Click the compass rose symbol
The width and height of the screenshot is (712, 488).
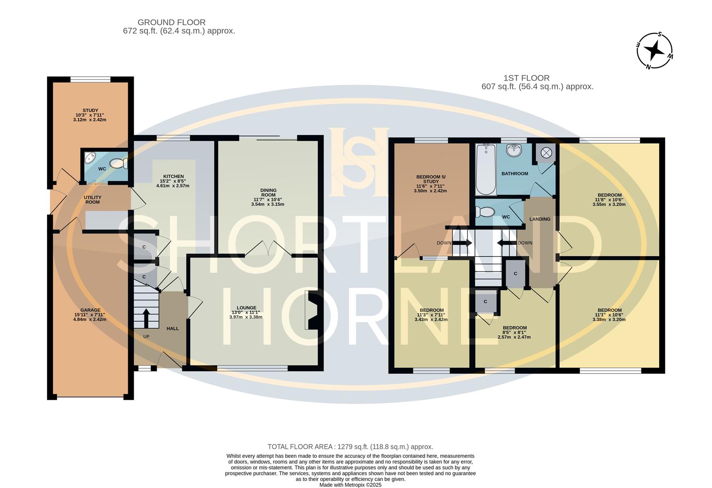tap(655, 51)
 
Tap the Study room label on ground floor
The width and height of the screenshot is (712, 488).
tap(90, 110)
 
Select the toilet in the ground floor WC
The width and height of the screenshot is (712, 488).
tap(118, 163)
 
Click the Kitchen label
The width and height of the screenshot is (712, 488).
tap(173, 176)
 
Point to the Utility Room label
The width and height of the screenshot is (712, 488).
tap(93, 200)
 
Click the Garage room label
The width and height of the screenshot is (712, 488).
tap(90, 310)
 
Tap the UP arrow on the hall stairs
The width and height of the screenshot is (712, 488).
tap(146, 318)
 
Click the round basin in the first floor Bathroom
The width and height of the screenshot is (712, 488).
tap(514, 151)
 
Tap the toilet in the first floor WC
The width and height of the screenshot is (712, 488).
tap(486, 211)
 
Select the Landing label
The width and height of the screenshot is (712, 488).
tap(540, 219)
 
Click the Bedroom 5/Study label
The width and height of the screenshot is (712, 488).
tap(431, 179)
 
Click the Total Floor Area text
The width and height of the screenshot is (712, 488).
tap(350, 446)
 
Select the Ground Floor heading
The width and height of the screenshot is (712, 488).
tap(171, 22)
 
